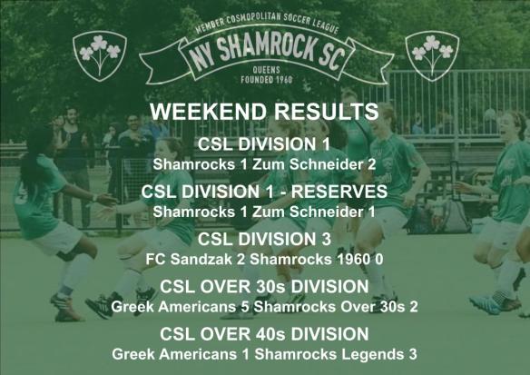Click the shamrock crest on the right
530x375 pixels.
pos(432,54)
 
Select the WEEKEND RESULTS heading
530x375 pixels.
pos(264,112)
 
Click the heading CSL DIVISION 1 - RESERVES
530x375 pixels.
pos(264,192)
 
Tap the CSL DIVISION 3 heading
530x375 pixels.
pos(264,239)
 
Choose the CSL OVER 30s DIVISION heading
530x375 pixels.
pos(264,287)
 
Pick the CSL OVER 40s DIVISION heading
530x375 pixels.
pos(264,334)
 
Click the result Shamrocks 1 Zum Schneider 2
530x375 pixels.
pos(264,164)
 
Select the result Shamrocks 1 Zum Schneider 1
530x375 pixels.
pos(264,212)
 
